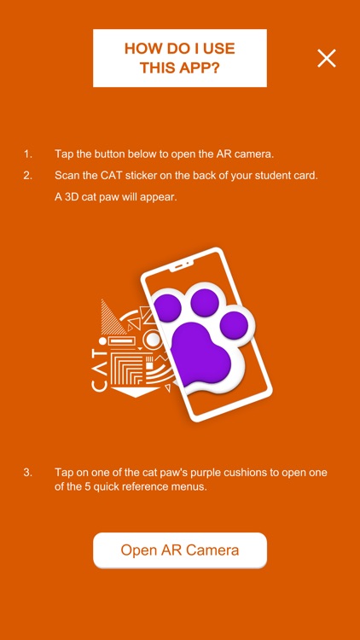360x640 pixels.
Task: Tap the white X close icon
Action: coord(327,58)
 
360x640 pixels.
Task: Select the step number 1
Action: coord(27,154)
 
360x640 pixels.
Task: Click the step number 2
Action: coord(27,176)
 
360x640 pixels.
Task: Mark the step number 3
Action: coord(27,473)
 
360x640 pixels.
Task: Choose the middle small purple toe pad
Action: coord(205,302)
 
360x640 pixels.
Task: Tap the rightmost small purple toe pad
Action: coord(234,325)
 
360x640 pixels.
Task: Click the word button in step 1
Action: coord(110,154)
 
